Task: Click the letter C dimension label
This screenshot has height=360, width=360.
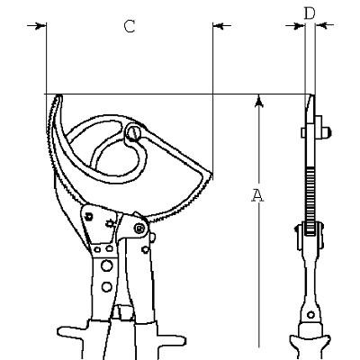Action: [130, 26]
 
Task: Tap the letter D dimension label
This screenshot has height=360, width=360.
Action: [310, 13]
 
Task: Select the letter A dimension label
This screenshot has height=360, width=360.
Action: [257, 195]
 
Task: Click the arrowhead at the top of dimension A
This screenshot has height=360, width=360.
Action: [259, 101]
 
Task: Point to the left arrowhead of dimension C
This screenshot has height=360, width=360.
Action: [41, 26]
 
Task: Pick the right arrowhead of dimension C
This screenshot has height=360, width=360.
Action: [218, 26]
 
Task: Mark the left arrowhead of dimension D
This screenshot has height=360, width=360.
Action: [300, 26]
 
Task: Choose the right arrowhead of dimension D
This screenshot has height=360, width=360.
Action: [320, 26]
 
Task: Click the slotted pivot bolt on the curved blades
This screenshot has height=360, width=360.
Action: [132, 133]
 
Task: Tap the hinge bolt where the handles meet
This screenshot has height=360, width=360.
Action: [139, 229]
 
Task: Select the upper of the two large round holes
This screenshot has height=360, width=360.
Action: [106, 265]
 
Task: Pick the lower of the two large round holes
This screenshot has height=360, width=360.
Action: [106, 287]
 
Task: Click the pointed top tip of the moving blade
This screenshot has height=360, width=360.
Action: [58, 96]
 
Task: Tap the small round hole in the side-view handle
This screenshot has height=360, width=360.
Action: [311, 315]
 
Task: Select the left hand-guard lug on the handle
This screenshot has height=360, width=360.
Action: [73, 334]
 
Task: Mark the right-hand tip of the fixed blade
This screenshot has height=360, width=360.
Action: [211, 175]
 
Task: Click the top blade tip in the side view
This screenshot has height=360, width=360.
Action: [312, 96]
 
